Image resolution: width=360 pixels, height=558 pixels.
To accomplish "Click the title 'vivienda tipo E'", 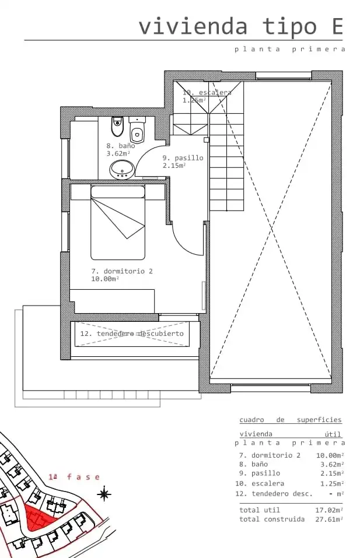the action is point(241,27).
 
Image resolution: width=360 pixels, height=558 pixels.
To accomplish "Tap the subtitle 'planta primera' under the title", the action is point(290,49).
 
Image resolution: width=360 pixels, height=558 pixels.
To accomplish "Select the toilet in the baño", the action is point(138,130).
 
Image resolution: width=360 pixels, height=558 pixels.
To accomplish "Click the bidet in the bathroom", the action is point(117,127).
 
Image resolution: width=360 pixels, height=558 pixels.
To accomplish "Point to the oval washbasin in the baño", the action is point(122,170).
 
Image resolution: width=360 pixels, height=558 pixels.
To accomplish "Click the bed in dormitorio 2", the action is point(118,222).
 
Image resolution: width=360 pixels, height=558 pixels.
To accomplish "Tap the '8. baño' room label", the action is point(121,146).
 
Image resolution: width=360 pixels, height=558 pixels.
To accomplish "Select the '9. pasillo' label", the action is point(183,157).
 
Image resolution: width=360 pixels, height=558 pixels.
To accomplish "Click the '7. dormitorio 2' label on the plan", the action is point(122,271).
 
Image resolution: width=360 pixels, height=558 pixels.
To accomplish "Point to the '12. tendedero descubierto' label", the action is point(132,334).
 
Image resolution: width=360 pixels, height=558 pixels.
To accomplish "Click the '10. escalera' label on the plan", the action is point(207,93).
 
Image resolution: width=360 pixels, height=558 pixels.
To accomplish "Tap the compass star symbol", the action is point(104,494).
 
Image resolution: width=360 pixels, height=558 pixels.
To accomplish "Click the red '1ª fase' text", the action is point(74,477).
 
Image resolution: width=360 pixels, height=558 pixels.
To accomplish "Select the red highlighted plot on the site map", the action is point(39,517).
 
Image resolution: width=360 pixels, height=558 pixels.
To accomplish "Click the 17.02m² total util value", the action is point(329,510).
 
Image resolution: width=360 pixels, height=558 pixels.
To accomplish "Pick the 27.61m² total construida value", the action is point(329,519).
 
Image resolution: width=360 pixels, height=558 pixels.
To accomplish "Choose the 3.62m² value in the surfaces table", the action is point(332,464).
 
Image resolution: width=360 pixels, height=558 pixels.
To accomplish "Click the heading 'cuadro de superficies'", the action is point(290,420).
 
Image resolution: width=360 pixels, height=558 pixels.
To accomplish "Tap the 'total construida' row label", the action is point(272,519).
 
